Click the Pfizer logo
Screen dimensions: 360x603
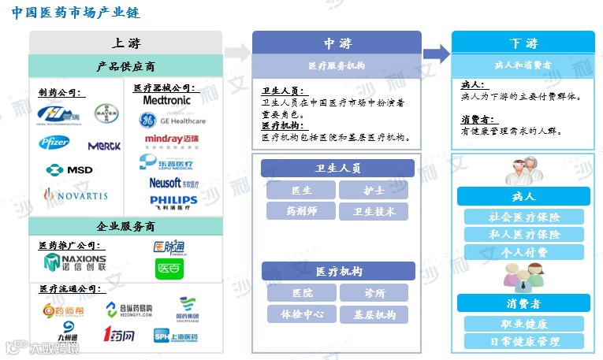click(55, 143)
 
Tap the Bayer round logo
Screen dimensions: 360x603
click(106, 115)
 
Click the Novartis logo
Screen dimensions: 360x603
click(75, 194)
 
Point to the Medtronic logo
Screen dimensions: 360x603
click(167, 101)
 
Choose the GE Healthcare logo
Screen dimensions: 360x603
click(173, 121)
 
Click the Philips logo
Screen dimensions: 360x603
click(173, 202)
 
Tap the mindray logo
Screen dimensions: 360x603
click(172, 141)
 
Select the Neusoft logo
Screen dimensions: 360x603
click(171, 183)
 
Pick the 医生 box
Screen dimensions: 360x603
click(301, 190)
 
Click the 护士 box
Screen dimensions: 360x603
click(374, 190)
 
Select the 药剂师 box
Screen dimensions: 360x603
click(301, 210)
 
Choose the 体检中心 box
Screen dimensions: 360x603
click(301, 314)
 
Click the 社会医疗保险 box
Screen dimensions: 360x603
click(523, 217)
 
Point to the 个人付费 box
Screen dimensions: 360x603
click(523, 252)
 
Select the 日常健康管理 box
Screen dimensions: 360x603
click(523, 341)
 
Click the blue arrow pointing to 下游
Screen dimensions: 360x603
click(436, 53)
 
